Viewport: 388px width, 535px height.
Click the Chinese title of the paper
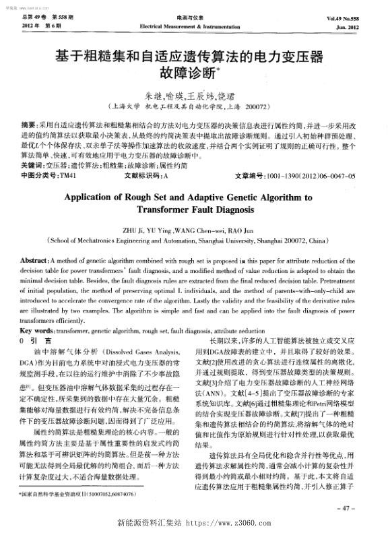[194, 61]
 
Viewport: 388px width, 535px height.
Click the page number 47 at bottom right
[366, 507]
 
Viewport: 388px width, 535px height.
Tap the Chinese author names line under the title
[194, 96]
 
